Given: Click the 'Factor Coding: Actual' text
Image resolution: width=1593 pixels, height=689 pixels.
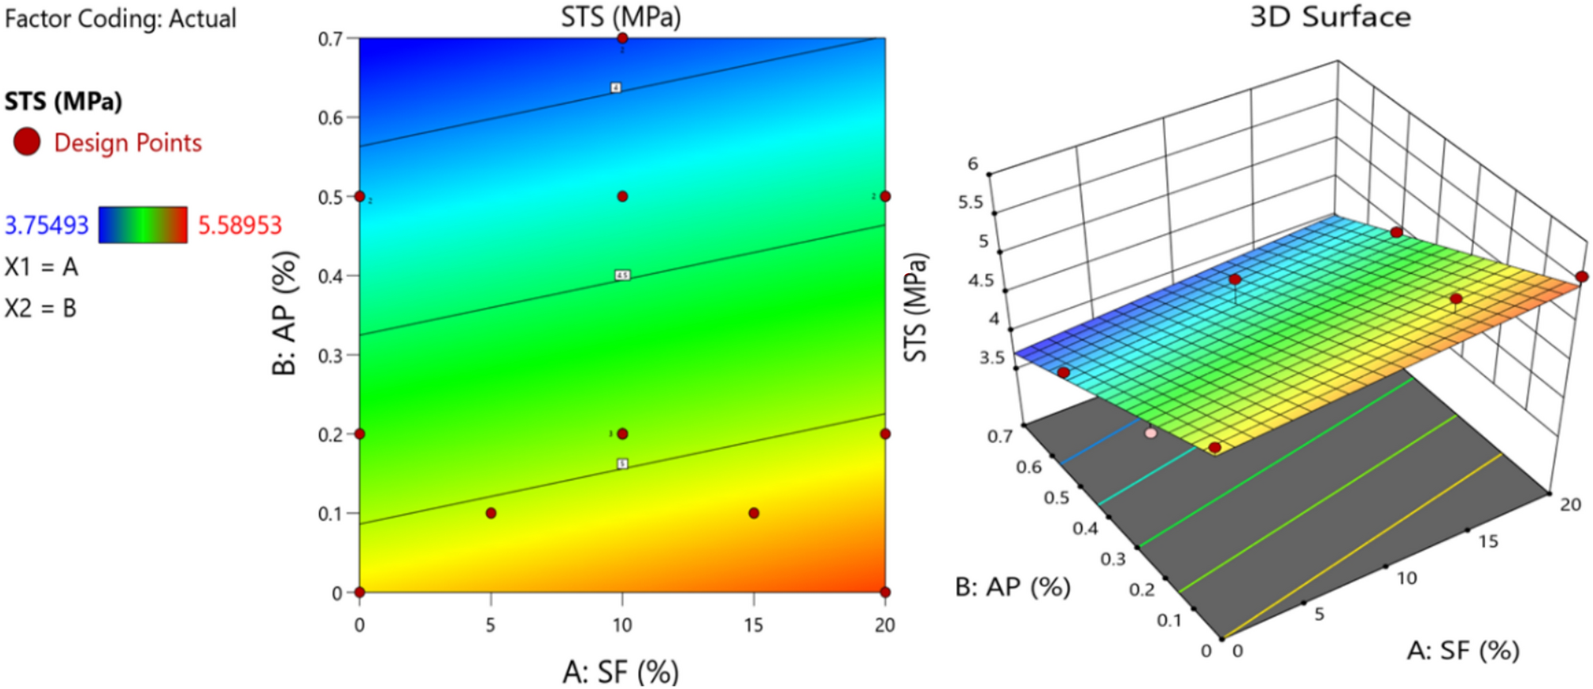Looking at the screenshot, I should tap(121, 18).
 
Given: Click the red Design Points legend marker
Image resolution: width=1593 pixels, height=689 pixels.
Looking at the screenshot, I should tap(27, 142).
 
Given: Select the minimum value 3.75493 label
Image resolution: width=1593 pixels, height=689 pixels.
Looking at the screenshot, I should tap(47, 225).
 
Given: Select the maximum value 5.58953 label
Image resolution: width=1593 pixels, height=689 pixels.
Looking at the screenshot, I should tap(240, 225).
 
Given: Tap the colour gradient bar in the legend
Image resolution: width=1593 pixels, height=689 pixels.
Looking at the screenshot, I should tap(143, 225).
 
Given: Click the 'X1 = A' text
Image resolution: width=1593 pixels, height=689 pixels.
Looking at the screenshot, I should tap(41, 267).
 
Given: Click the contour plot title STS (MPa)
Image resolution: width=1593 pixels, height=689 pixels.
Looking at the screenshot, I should tap(621, 17).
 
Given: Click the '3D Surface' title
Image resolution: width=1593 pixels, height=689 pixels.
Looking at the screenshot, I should tap(1330, 17).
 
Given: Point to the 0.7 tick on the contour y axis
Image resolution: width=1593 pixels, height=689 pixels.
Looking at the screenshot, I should tap(330, 39).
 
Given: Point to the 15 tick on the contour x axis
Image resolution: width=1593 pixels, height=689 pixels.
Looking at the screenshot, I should tap(753, 625).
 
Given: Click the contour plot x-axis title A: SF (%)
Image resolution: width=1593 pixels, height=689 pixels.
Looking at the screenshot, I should tap(621, 672).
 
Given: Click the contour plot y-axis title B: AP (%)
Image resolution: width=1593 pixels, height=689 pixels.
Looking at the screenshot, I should tap(284, 313).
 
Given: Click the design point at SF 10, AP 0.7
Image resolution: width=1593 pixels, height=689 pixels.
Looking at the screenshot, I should tap(622, 38).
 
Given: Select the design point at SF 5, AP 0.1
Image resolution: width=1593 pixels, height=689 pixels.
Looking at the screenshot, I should tap(491, 514).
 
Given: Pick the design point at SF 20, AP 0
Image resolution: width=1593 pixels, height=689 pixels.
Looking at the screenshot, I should tap(885, 592).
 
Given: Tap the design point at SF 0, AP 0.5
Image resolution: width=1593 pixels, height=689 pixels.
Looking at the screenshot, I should tap(360, 196).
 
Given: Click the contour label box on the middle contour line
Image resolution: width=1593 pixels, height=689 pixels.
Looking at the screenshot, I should tap(622, 275).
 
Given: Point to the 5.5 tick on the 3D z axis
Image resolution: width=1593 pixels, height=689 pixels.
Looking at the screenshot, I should tap(970, 202).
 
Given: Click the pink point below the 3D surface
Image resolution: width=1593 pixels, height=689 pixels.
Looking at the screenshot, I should tap(1151, 433).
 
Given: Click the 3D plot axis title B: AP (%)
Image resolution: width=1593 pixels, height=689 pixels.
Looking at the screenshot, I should tap(1013, 587).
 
